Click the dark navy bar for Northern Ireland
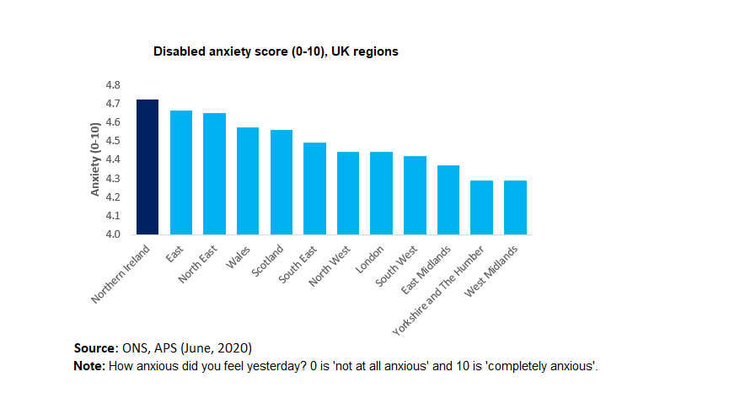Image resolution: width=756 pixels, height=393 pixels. point(147,167)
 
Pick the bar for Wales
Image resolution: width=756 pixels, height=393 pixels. point(248,180)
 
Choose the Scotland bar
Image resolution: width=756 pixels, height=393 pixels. point(281,182)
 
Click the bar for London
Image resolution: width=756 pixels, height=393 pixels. point(382,193)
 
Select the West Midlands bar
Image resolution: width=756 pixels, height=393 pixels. point(515,207)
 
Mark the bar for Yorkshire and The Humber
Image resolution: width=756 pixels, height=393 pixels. point(482,207)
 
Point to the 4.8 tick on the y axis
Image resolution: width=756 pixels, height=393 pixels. point(113,85)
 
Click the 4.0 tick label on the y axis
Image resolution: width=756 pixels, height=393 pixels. point(113,234)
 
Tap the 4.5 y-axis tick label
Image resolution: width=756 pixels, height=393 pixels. point(113,141)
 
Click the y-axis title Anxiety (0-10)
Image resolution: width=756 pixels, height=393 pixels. point(95,159)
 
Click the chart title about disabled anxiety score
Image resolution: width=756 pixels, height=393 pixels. point(276,51)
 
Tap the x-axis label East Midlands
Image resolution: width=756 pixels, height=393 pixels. point(435,267)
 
